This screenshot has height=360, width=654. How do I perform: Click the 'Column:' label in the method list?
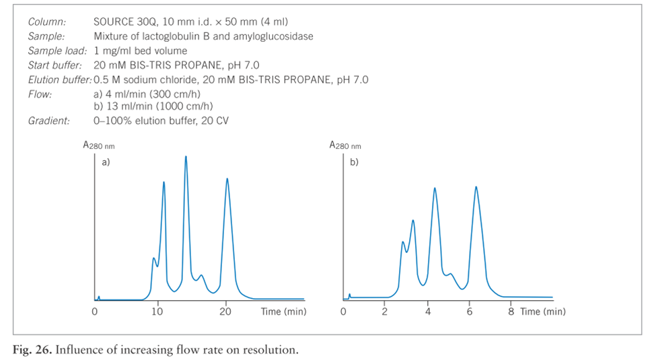(46, 22)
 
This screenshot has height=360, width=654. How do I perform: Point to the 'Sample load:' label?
(57, 50)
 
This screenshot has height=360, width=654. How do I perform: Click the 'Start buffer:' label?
(57, 65)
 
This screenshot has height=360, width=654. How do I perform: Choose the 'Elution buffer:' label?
(59, 80)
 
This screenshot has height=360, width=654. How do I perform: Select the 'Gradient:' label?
(48, 121)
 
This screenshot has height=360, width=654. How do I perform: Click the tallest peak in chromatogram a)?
(186, 157)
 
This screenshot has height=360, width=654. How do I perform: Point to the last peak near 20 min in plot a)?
(227, 180)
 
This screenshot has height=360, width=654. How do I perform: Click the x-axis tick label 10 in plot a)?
(157, 312)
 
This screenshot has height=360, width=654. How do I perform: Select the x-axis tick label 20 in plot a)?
(227, 312)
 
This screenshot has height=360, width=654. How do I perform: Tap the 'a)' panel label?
(106, 162)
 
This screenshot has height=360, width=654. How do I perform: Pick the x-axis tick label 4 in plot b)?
(428, 312)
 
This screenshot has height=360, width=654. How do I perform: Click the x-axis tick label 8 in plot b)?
(511, 312)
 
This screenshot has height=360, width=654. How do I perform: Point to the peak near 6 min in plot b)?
(476, 188)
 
